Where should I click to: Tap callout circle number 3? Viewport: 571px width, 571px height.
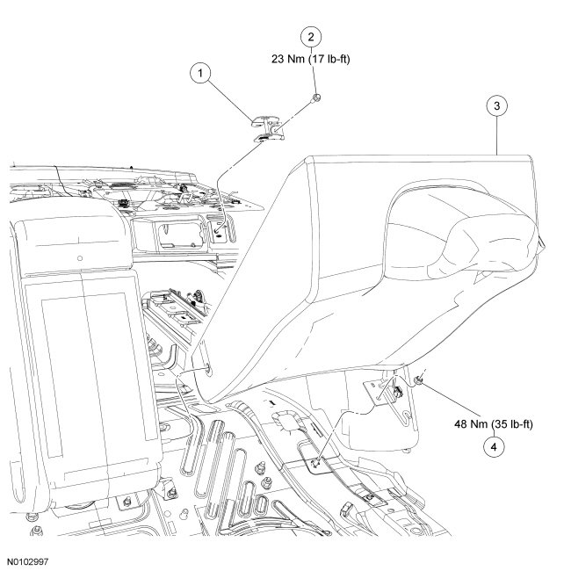[x=497, y=106]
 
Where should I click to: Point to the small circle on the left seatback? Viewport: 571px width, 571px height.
[x=80, y=258]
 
